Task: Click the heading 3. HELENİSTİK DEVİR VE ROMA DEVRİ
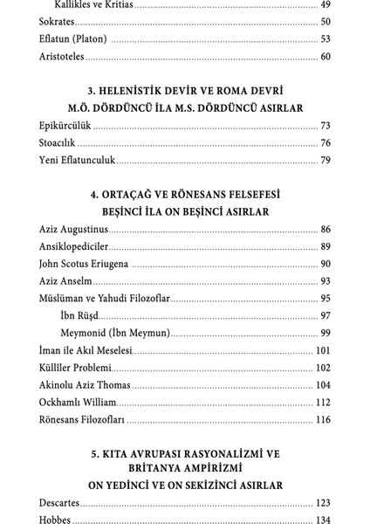pos(184,92)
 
